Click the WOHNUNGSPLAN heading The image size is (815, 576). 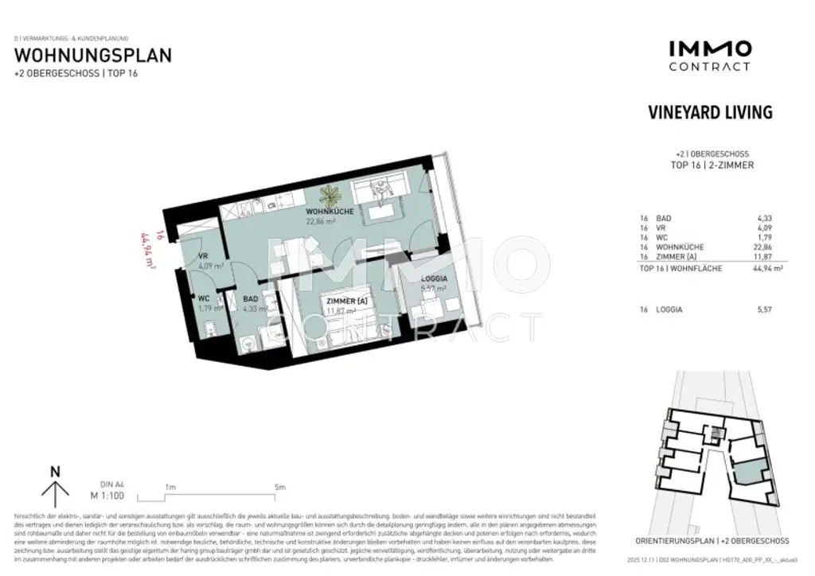(x=93, y=56)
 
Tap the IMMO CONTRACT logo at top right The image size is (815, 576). (x=709, y=56)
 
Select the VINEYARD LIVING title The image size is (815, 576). (x=710, y=112)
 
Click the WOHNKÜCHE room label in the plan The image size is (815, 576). (x=330, y=212)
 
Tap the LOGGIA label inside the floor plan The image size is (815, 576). (x=433, y=278)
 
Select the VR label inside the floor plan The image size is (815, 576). (x=204, y=256)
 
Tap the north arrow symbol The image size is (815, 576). (x=55, y=486)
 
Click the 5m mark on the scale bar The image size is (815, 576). (x=279, y=487)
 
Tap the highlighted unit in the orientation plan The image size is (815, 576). (x=746, y=475)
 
